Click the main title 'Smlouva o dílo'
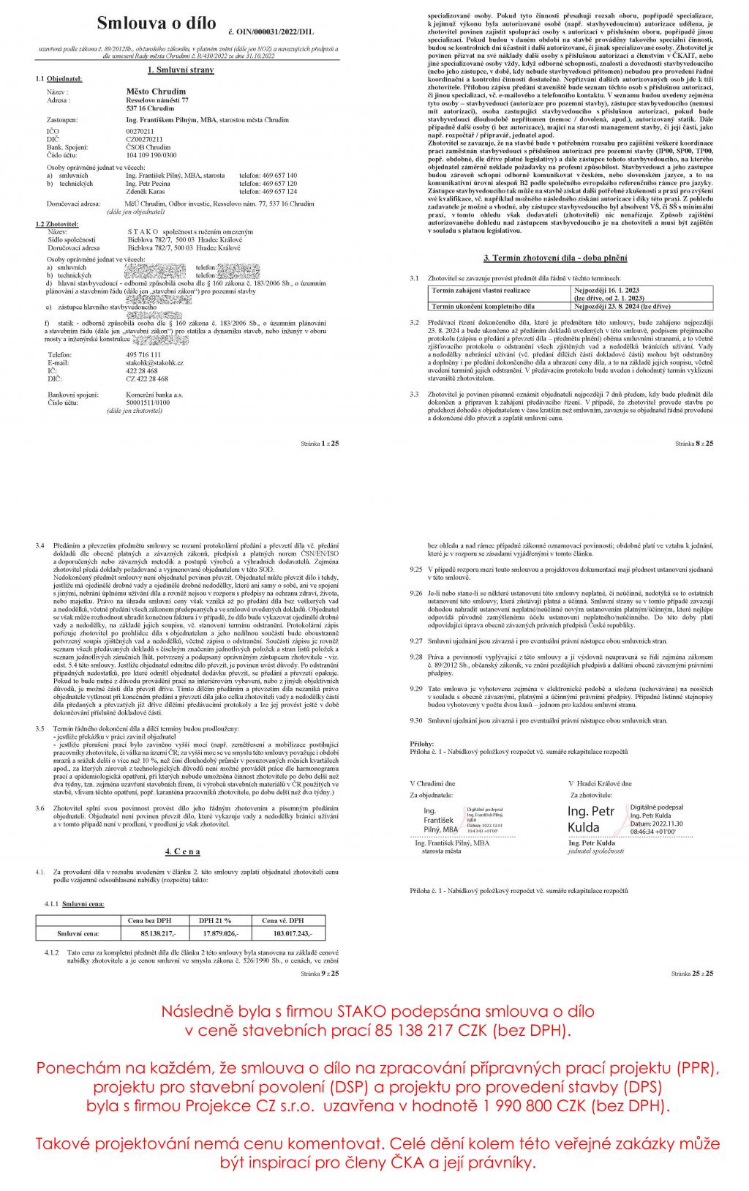[x=157, y=23]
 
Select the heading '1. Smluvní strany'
[x=180, y=70]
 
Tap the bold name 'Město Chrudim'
[x=156, y=92]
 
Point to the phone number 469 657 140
[x=277, y=176]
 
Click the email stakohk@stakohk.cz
[x=154, y=362]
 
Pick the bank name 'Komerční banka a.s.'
[x=154, y=395]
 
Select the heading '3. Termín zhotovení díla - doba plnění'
[x=555, y=258]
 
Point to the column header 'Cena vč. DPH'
[x=282, y=920]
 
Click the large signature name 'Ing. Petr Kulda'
[x=591, y=819]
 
